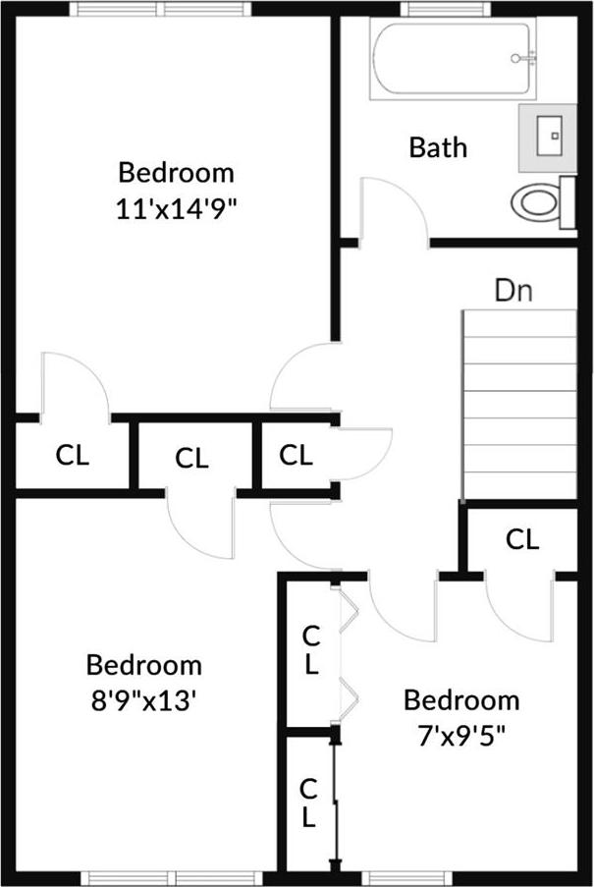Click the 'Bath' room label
pyautogui.click(x=437, y=148)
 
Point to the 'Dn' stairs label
pyautogui.click(x=513, y=291)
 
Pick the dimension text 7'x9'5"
pyautogui.click(x=461, y=735)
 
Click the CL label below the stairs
pyautogui.click(x=521, y=539)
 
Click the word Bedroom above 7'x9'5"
pyautogui.click(x=461, y=700)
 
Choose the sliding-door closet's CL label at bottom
pyautogui.click(x=308, y=802)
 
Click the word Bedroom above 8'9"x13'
pyautogui.click(x=144, y=665)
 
